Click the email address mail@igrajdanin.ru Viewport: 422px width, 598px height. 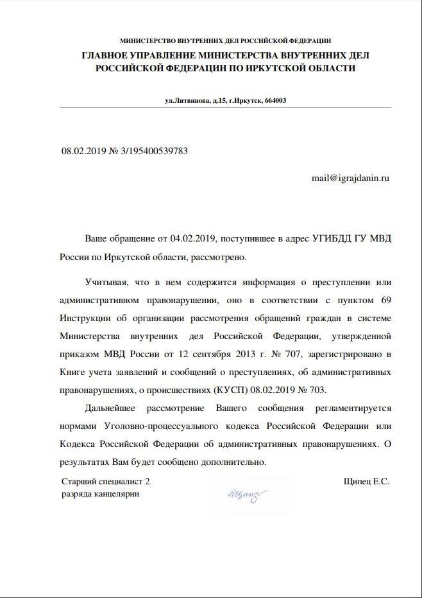350,177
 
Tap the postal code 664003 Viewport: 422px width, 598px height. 275,100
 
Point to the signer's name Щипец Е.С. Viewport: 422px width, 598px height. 366,480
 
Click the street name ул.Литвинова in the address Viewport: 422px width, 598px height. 187,100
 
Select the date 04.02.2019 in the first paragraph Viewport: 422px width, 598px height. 194,238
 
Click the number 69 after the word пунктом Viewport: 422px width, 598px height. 385,300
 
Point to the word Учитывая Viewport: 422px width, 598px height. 106,282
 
